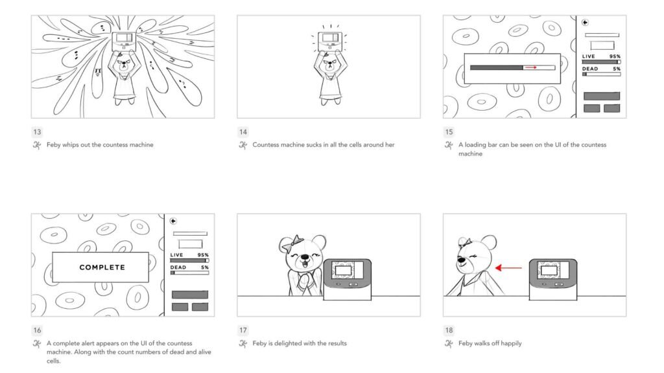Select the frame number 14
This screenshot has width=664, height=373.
243,131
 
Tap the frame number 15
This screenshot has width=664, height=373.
449,131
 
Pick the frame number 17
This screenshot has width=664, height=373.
243,330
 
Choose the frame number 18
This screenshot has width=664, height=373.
449,330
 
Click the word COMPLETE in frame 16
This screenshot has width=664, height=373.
102,267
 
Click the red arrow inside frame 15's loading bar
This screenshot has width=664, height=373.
531,67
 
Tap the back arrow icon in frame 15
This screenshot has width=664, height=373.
586,22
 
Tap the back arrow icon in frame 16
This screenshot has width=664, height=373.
173,220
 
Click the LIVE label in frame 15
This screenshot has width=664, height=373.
589,56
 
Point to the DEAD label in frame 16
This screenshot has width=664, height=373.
178,267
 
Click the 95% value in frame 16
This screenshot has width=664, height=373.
203,255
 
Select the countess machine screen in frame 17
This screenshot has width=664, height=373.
346,270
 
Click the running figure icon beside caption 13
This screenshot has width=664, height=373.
37,145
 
